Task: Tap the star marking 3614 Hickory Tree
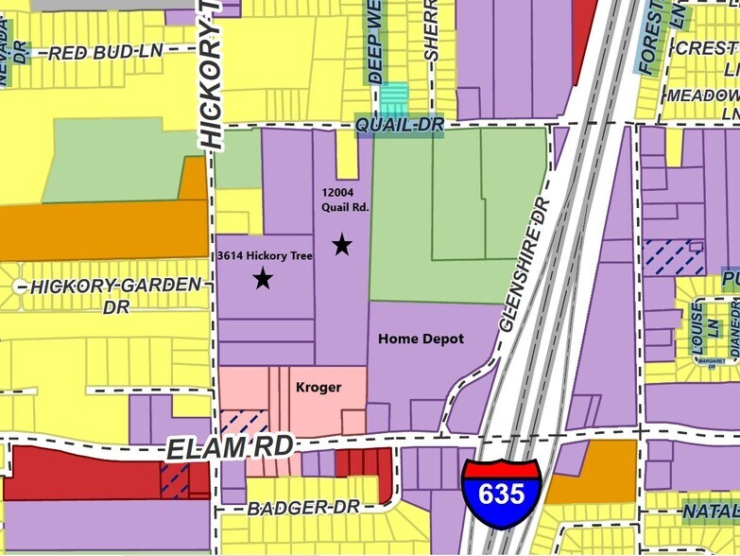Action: (263, 278)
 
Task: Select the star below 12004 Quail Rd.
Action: (342, 246)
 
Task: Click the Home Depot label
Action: (421, 339)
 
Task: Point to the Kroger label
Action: (318, 388)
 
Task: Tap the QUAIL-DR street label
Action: (399, 126)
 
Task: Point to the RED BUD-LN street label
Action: (93, 53)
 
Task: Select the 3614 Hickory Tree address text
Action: (264, 255)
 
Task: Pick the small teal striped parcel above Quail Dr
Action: (394, 98)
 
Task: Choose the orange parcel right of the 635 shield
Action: (580, 472)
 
